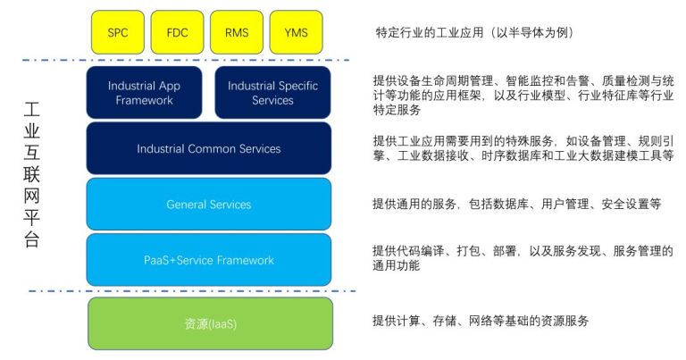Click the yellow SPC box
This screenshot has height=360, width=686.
(118, 32)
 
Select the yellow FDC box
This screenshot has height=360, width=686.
(177, 32)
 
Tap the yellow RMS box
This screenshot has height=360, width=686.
(237, 32)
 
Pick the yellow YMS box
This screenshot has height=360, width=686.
(297, 32)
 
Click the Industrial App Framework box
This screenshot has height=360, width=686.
(145, 92)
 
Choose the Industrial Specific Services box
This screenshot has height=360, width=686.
(273, 92)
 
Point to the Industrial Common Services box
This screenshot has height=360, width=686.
(209, 148)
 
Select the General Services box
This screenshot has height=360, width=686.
(209, 204)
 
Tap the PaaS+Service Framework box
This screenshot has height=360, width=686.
(209, 260)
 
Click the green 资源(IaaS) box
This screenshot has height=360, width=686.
(211, 323)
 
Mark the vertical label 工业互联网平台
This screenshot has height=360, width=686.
(31, 174)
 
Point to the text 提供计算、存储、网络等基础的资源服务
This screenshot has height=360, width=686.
(481, 321)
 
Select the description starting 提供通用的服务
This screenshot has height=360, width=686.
(516, 204)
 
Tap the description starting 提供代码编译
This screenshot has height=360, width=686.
(523, 258)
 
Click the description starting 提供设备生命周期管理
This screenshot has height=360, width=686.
(523, 95)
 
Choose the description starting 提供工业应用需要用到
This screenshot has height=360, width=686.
(523, 148)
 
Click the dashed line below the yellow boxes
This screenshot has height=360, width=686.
(186, 60)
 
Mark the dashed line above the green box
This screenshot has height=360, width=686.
(193, 291)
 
